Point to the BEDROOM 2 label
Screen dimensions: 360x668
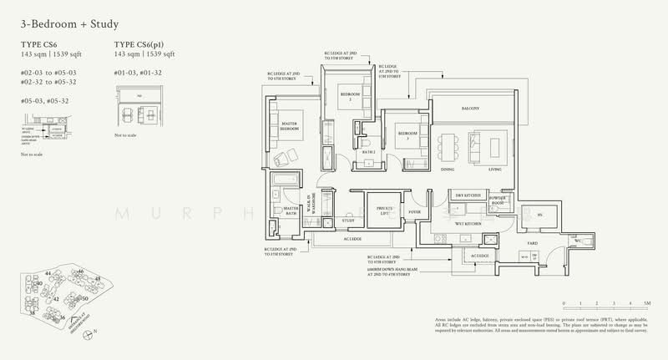click(x=349, y=98)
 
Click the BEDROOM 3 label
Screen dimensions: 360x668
click(x=407, y=135)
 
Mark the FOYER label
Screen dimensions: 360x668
click(x=415, y=212)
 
